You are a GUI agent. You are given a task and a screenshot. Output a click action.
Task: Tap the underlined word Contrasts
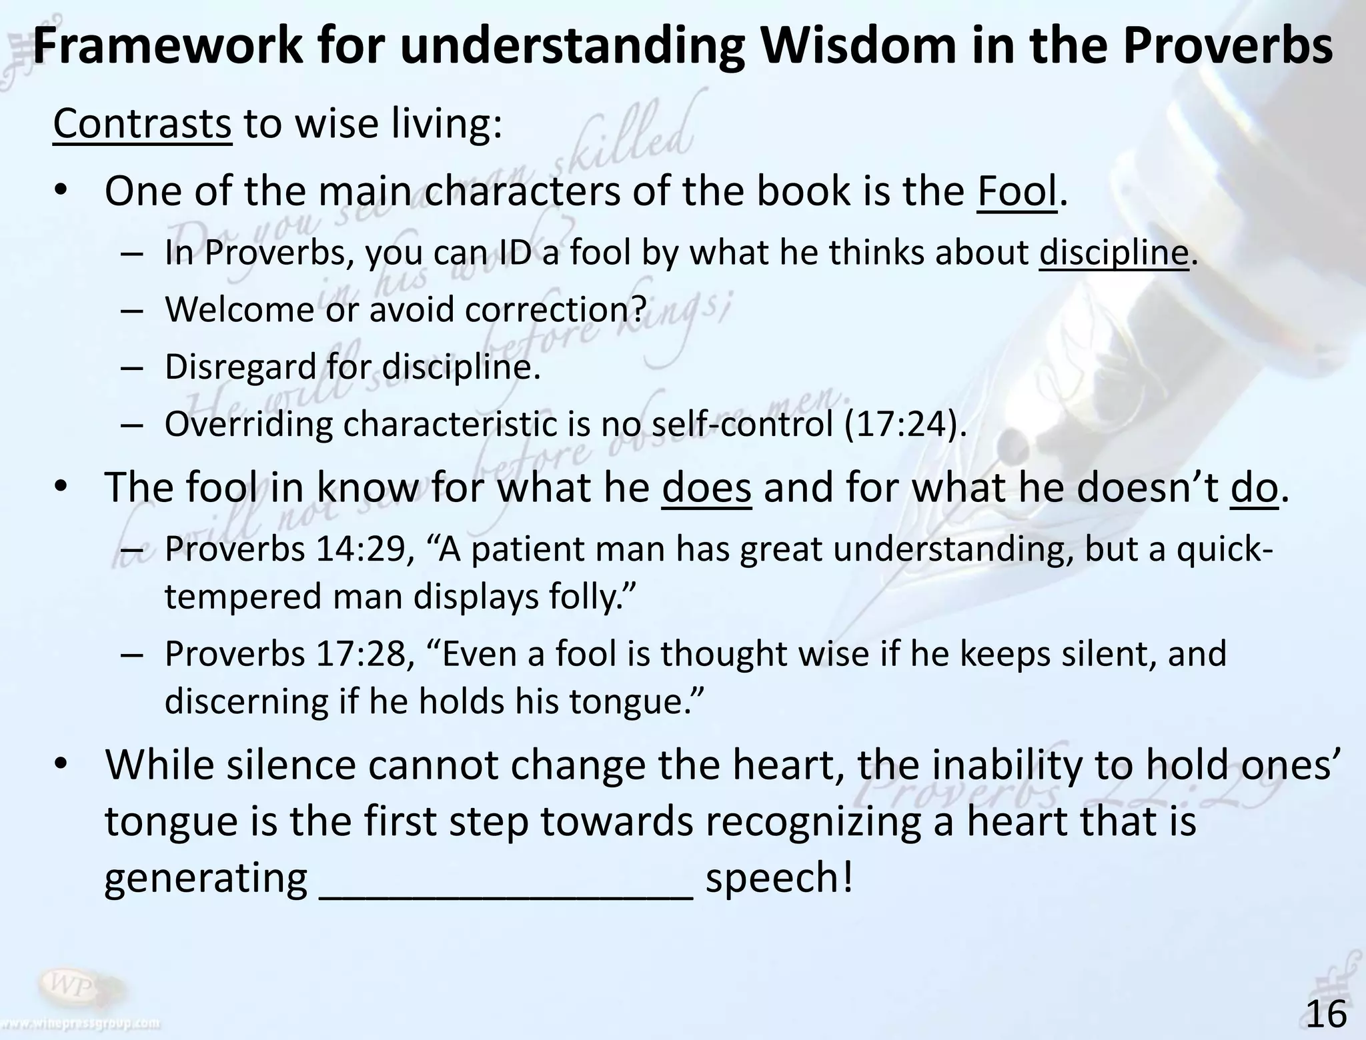[142, 125]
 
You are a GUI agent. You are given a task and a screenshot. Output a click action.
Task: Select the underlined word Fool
[1017, 192]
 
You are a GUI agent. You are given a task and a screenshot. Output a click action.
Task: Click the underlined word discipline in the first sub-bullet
[1114, 253]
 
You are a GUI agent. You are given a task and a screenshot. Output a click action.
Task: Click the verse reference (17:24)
[904, 425]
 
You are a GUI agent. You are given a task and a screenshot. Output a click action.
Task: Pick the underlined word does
[706, 488]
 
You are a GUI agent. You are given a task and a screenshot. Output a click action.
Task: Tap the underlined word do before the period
[1254, 488]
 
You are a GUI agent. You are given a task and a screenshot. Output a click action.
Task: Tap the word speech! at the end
[779, 878]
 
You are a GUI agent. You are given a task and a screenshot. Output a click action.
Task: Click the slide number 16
[1326, 1014]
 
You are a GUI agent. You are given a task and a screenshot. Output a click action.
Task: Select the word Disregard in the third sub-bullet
[241, 367]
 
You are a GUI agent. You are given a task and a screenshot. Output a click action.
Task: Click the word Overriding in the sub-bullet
[248, 425]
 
